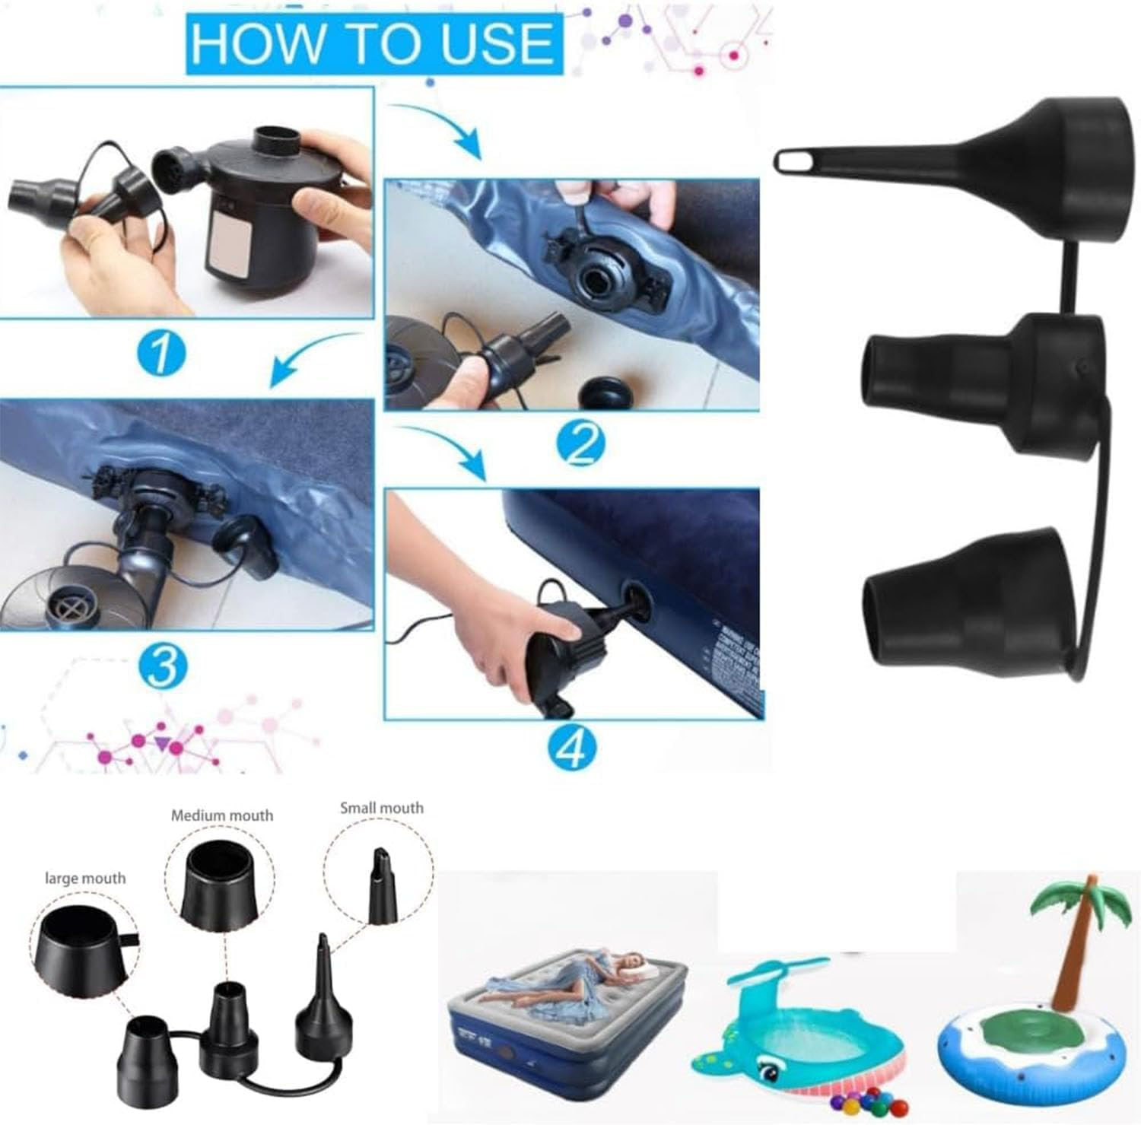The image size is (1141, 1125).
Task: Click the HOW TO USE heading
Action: click(x=373, y=43)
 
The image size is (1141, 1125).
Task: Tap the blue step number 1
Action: click(x=161, y=354)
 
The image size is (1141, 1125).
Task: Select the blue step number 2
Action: click(x=580, y=444)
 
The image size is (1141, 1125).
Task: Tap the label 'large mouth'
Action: click(x=84, y=879)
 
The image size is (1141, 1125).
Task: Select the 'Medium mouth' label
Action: click(x=221, y=815)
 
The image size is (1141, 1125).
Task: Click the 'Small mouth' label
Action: click(x=381, y=808)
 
